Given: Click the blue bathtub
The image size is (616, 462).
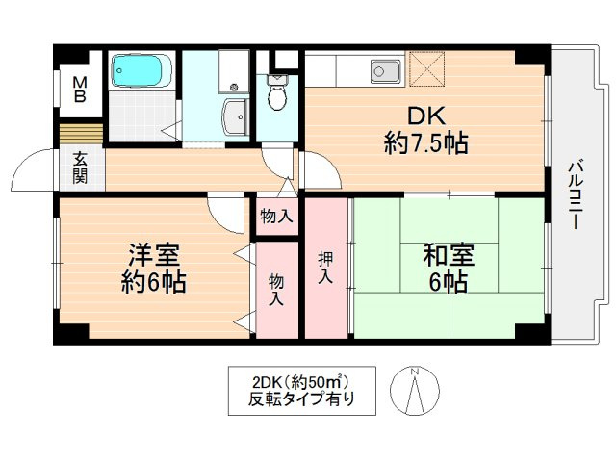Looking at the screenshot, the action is pyautogui.click(x=141, y=70).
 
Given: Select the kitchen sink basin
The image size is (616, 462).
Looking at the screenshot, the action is pyautogui.click(x=386, y=71).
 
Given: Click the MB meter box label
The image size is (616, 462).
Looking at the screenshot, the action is pyautogui.click(x=80, y=90).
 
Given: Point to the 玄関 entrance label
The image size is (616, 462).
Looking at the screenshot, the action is pyautogui.click(x=80, y=168).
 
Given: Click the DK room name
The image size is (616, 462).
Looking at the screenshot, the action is pyautogui.click(x=426, y=115).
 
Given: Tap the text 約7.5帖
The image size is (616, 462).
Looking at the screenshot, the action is pyautogui.click(x=426, y=143).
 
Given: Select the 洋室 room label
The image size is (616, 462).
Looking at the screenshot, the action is pyautogui.click(x=154, y=254).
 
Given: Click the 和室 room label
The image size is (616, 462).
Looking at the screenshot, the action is pyautogui.click(x=449, y=254).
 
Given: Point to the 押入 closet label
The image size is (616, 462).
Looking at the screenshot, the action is pyautogui.click(x=325, y=268).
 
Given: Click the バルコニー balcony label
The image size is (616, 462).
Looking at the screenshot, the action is pyautogui.click(x=576, y=194).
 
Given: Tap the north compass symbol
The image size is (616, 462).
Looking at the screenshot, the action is pyautogui.click(x=415, y=390).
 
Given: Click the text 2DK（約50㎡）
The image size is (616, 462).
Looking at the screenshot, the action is pyautogui.click(x=301, y=381).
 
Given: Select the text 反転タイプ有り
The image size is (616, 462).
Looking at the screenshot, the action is pyautogui.click(x=301, y=399).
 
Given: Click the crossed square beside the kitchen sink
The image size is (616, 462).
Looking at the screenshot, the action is pyautogui.click(x=427, y=68).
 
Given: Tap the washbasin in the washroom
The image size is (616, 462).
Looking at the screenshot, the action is pyautogui.click(x=235, y=116).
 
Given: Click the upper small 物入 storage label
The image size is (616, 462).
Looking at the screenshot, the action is pyautogui.click(x=276, y=216).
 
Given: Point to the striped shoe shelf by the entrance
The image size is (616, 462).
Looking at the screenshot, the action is pyautogui.click(x=81, y=135).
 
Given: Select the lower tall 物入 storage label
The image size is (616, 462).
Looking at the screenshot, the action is pyautogui.click(x=276, y=290).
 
